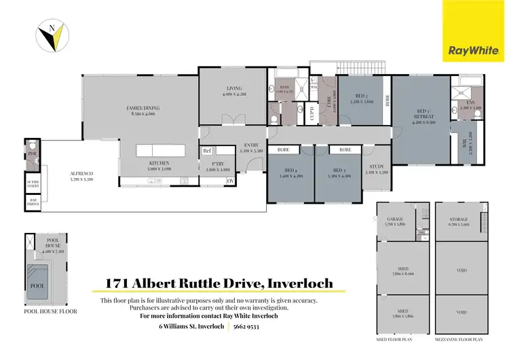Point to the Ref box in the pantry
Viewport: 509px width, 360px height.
[207, 151]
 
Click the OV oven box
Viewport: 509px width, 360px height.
[230, 181]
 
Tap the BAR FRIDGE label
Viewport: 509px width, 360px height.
[32, 201]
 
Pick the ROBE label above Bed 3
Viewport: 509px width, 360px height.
[345, 149]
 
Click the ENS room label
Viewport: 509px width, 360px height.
[470, 103]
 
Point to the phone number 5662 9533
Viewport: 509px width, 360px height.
[246, 326]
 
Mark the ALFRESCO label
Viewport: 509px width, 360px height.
[81, 175]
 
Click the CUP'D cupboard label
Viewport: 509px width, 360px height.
[312, 111]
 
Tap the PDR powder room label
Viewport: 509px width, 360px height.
[32, 154]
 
